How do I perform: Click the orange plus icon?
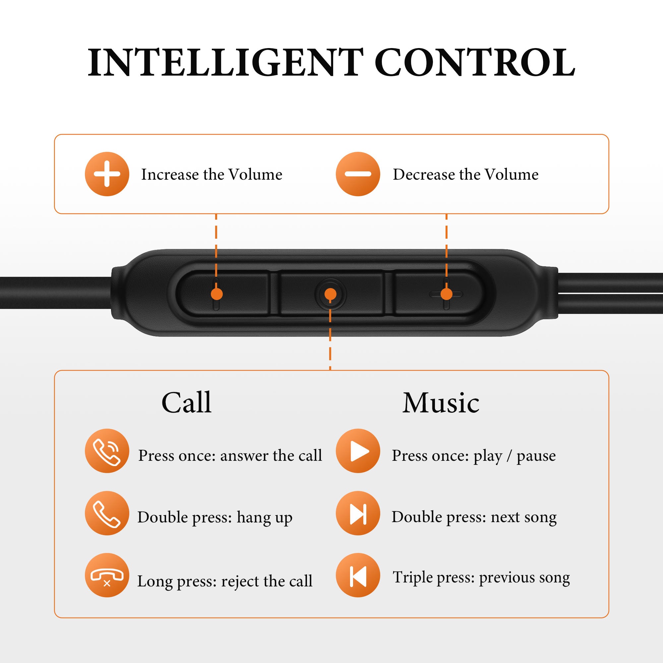(107, 174)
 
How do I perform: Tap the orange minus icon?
(358, 174)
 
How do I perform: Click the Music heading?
(441, 402)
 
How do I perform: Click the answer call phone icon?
(107, 451)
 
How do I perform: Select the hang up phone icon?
(107, 513)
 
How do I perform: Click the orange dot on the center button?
(330, 294)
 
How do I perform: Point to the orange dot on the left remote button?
(216, 294)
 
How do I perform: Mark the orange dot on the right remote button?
(446, 294)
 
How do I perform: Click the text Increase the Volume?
(212, 174)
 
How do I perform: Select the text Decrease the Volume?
(466, 174)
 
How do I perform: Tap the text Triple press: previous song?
(481, 578)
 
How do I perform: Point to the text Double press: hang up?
(215, 517)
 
